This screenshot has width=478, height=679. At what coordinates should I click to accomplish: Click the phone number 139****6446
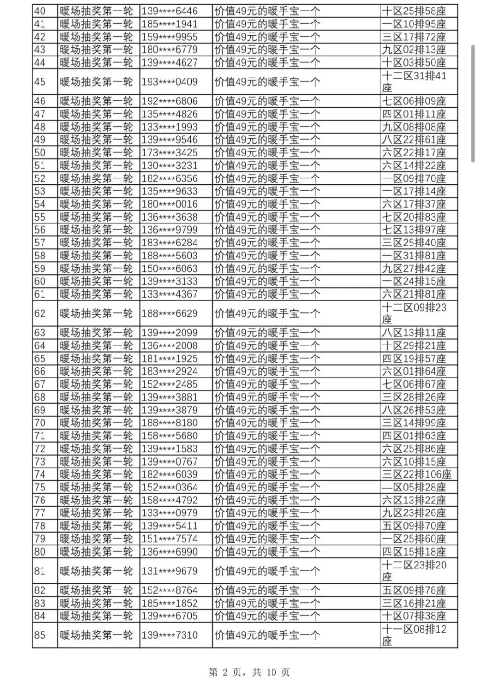point(170,11)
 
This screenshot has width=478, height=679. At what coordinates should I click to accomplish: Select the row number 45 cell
point(40,82)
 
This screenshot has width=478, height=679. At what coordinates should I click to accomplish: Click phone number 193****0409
point(170,82)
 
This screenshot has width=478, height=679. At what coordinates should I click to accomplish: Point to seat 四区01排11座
point(414,114)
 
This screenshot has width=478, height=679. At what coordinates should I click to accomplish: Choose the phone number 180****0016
point(170,204)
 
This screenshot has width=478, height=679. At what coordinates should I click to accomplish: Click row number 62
point(40,313)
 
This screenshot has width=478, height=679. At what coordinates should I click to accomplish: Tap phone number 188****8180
point(170,423)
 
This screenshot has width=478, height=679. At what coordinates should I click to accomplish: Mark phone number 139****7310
point(170,635)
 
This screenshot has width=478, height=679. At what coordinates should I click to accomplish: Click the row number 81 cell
point(40,571)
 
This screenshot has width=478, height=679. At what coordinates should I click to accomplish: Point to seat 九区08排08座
point(414,127)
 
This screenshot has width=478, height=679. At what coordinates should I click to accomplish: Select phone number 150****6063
point(170,268)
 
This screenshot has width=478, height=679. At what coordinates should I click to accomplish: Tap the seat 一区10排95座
point(414,24)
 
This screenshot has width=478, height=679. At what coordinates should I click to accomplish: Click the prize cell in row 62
point(267,313)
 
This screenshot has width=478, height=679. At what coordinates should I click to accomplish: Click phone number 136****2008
point(170,345)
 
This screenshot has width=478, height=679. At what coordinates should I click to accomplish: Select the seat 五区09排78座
point(414,590)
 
